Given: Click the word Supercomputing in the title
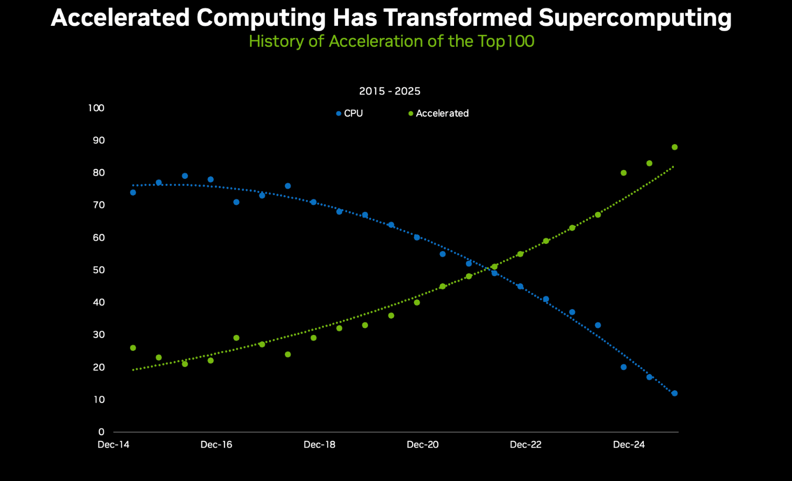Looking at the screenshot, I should (x=635, y=18).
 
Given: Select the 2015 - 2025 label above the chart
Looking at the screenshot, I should (x=390, y=91).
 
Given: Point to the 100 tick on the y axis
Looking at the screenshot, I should (x=96, y=108).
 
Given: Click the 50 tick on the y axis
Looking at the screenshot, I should (x=98, y=270).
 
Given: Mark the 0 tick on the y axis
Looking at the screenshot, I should (x=101, y=432).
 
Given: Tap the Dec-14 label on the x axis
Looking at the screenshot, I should (x=113, y=444).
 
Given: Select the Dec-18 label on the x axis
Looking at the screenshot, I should (x=319, y=444).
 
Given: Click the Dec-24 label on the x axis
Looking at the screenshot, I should (x=629, y=444).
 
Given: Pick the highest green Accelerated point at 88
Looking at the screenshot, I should (x=674, y=147).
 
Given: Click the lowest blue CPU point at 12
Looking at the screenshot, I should (x=674, y=393).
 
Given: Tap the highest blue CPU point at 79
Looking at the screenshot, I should (x=185, y=176).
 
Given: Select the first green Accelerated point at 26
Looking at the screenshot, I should (x=133, y=348).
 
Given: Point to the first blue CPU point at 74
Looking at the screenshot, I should (x=133, y=192).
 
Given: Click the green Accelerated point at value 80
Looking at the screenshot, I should (x=623, y=173).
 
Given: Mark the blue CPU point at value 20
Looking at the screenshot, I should (x=623, y=367).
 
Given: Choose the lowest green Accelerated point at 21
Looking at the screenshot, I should (x=185, y=364).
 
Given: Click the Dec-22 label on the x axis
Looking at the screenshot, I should (x=525, y=444).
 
